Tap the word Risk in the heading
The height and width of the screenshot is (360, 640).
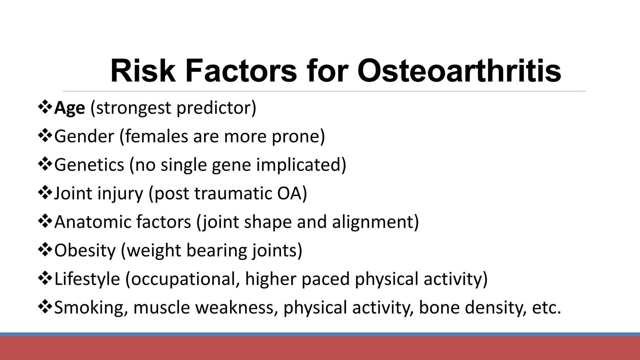(x=142, y=71)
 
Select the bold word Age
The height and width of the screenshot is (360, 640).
(x=69, y=108)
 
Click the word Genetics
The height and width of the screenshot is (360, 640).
(x=89, y=165)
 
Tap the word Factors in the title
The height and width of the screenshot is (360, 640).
(x=241, y=71)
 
